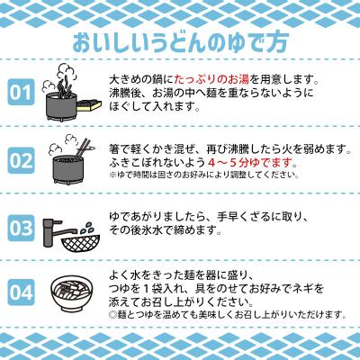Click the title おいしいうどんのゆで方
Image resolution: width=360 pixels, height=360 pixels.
179,40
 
